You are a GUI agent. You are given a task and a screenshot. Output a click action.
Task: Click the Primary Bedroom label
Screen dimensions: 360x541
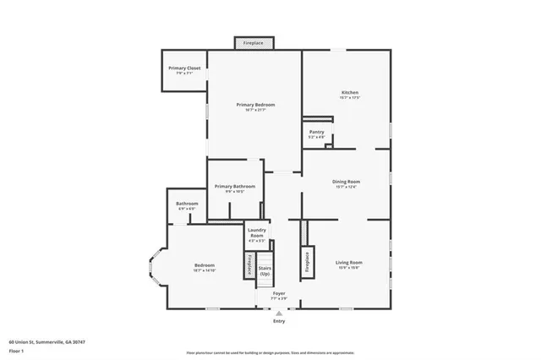pos(254,105)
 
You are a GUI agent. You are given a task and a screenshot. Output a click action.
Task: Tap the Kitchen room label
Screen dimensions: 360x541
pos(350,92)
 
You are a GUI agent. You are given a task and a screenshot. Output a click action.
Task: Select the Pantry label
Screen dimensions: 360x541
pos(316,132)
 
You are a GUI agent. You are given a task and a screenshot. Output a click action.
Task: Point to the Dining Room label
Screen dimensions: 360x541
pos(347,182)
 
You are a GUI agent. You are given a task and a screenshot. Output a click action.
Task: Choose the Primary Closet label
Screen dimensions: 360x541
pos(184,68)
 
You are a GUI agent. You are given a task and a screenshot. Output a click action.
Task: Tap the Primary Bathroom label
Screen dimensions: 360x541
pos(234,187)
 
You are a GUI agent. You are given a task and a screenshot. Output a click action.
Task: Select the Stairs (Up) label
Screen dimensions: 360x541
pos(265,270)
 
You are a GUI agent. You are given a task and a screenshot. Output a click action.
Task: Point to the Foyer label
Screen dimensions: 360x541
pos(278,294)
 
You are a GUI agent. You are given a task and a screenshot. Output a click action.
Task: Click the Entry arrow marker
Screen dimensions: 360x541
pos(279,311)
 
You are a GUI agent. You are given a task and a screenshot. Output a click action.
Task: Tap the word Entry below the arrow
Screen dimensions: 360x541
pos(279,321)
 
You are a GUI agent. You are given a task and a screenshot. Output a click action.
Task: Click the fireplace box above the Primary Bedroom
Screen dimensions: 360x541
pos(254,42)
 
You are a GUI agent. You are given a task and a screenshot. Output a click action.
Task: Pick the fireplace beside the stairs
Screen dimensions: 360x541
pos(250,265)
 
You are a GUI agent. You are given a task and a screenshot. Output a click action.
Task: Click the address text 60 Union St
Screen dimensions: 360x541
pos(47,342)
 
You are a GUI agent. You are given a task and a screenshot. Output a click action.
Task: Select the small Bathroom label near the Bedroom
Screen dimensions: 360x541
pos(187,204)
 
